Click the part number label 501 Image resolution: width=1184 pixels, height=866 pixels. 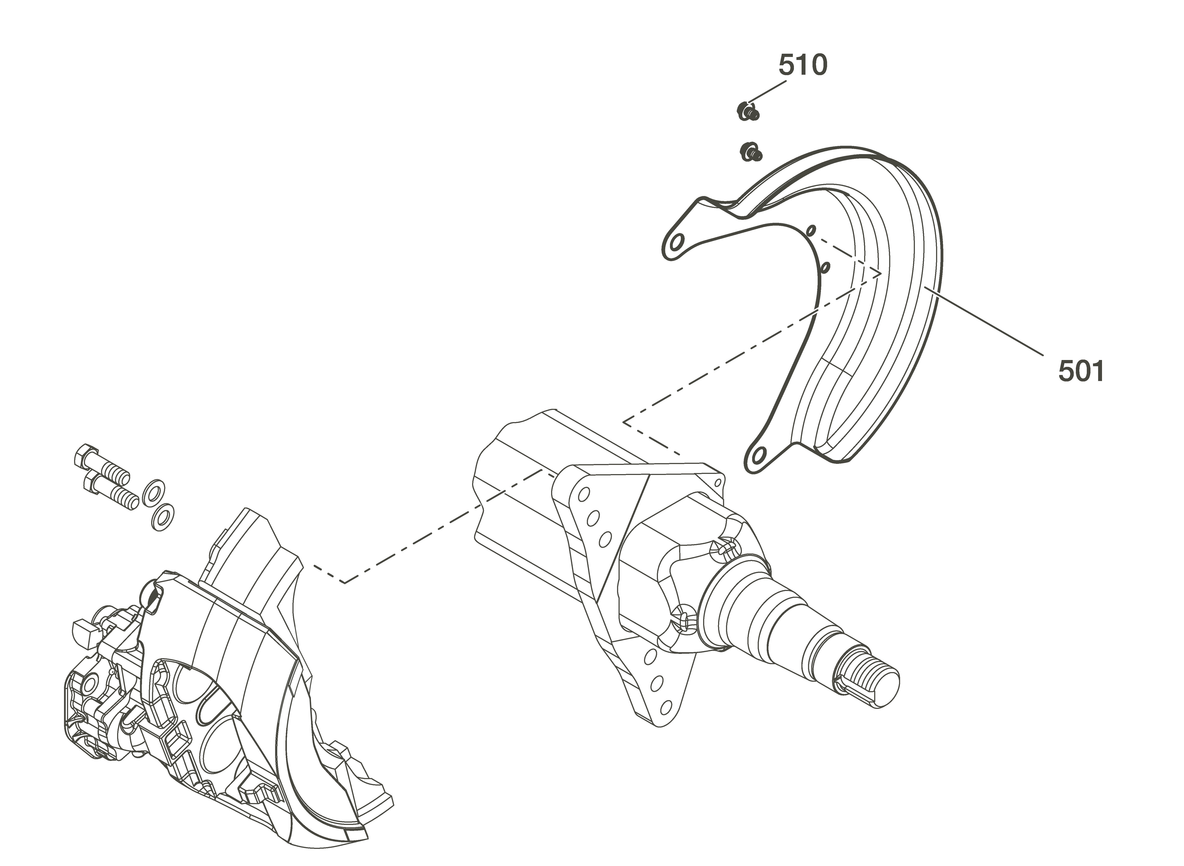(x=1081, y=371)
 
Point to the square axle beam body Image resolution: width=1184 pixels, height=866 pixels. (x=551, y=487)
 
